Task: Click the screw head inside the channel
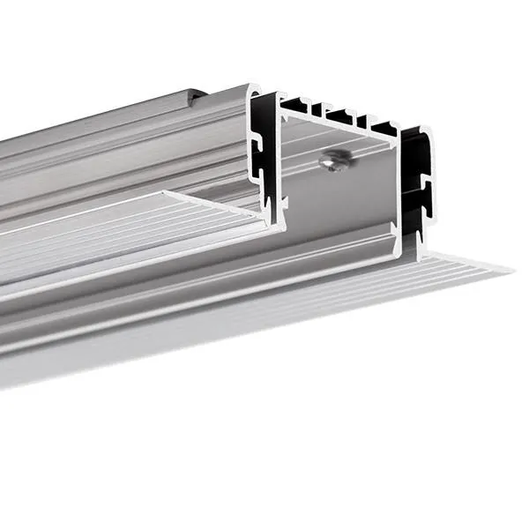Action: click(x=332, y=161)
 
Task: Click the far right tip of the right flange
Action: click(x=511, y=268)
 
